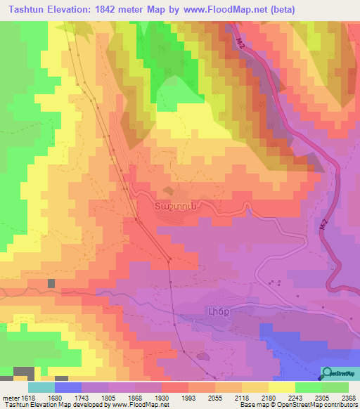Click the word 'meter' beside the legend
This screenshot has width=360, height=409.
tap(8, 397)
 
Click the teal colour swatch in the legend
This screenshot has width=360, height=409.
tap(41, 387)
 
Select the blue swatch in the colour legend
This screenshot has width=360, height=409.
tap(67, 387)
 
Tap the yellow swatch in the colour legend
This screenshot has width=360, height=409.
tap(281, 387)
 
